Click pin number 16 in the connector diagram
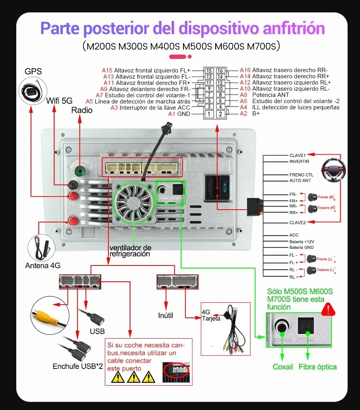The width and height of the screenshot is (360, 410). pyautogui.click(x=220, y=71)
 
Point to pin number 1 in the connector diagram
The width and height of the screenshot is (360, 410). pyautogui.click(x=209, y=114)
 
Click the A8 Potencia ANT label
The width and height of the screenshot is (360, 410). pyautogui.click(x=265, y=95)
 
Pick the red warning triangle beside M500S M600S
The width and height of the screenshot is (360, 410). pyautogui.click(x=329, y=308)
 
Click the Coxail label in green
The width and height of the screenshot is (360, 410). pyautogui.click(x=283, y=367)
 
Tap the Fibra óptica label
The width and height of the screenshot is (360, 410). pyautogui.click(x=317, y=367)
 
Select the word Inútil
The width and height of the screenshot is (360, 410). pyautogui.click(x=166, y=315)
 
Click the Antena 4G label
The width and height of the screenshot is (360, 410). pyautogui.click(x=43, y=265)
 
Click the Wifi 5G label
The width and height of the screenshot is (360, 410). pyautogui.click(x=59, y=101)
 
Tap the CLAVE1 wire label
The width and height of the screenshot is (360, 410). pyautogui.click(x=297, y=155)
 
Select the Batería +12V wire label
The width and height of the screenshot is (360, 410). pyautogui.click(x=302, y=241)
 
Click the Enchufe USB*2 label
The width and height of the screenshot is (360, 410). pyautogui.click(x=78, y=366)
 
